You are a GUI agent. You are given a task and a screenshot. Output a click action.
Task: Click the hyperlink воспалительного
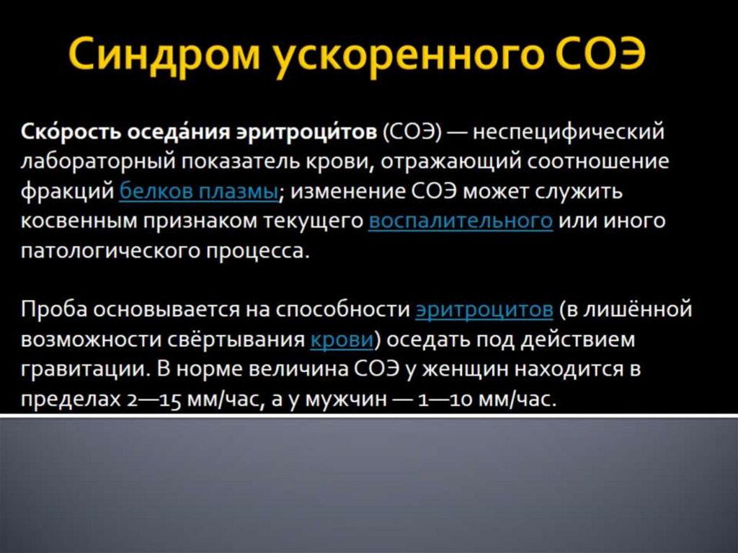[461, 221]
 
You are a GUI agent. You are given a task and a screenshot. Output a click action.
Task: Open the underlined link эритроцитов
[484, 310]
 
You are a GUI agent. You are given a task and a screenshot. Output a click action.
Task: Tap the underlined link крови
[342, 340]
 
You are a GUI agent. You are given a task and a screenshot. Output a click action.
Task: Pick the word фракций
[66, 193]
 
